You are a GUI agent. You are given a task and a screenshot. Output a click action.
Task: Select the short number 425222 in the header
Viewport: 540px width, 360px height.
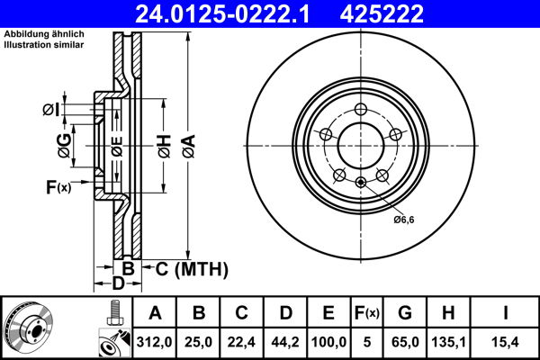405,13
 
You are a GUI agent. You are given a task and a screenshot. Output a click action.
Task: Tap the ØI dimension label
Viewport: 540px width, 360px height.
51,111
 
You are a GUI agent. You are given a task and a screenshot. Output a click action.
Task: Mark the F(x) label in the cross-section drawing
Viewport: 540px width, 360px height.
57,187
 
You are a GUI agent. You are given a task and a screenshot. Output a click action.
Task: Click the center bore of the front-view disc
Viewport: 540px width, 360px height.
359,143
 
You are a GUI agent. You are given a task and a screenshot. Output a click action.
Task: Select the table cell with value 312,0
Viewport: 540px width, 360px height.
155,341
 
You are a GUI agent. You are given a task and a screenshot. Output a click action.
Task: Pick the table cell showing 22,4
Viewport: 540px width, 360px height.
241,341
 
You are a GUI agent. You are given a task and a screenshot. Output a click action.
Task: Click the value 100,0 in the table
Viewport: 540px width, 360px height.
328,341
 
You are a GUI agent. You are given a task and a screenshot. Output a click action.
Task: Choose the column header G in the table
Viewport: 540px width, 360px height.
407,312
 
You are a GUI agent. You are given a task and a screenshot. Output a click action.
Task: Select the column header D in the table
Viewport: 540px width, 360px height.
284,312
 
